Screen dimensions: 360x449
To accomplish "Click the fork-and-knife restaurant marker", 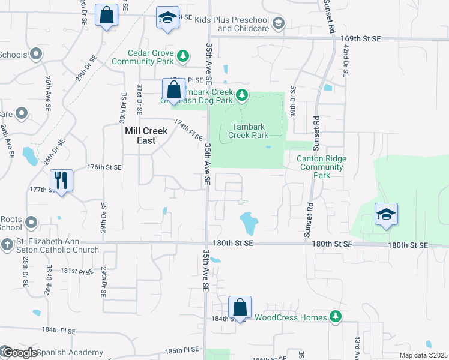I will [61, 179].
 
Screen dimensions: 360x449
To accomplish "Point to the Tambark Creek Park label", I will [249, 131].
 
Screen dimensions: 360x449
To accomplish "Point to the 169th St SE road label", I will [361, 38].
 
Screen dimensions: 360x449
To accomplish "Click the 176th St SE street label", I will [104, 167].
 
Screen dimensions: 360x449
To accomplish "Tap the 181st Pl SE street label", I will [76, 271].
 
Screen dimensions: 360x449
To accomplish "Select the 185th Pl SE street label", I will [182, 350].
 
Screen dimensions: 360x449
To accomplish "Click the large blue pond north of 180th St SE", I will [248, 223].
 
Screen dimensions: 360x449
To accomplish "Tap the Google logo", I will [20, 353].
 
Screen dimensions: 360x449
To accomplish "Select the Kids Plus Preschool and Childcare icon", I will [278, 23].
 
